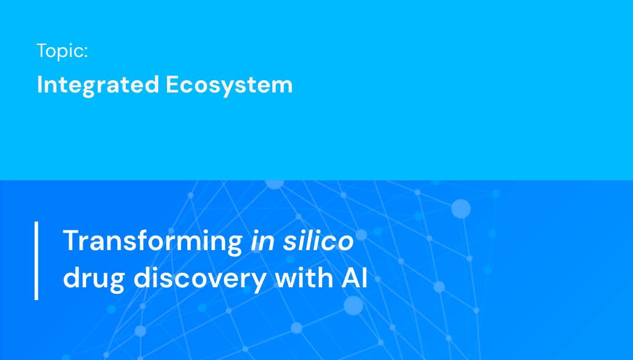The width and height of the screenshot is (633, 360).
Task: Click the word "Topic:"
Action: (x=62, y=51)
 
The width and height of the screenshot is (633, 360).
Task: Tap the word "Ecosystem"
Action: (x=229, y=85)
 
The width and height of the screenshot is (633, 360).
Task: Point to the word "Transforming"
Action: (x=152, y=241)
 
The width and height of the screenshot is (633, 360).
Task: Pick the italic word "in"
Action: (x=262, y=241)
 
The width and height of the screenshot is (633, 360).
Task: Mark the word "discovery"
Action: (x=200, y=279)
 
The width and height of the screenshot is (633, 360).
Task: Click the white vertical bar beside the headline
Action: (x=37, y=261)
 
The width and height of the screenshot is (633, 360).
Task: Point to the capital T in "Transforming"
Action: (x=70, y=241)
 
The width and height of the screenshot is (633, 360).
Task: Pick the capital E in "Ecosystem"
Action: (x=172, y=85)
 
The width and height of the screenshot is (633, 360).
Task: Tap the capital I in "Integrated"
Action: (x=40, y=85)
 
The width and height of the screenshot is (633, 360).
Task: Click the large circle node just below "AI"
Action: (x=353, y=305)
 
